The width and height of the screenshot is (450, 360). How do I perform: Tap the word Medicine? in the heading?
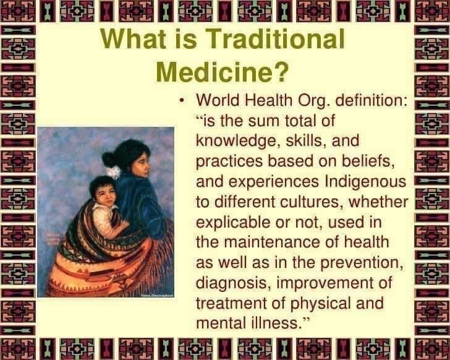pyautogui.click(x=222, y=72)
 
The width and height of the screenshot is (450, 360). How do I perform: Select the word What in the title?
pyautogui.click(x=134, y=38)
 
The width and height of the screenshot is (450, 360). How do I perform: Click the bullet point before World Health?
pyautogui.click(x=181, y=101)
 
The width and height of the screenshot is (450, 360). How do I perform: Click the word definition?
pyautogui.click(x=371, y=100)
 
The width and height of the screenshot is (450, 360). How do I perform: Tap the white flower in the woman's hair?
pyautogui.click(x=113, y=172)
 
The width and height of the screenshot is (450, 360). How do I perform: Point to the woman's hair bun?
pyautogui.click(x=108, y=160)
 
